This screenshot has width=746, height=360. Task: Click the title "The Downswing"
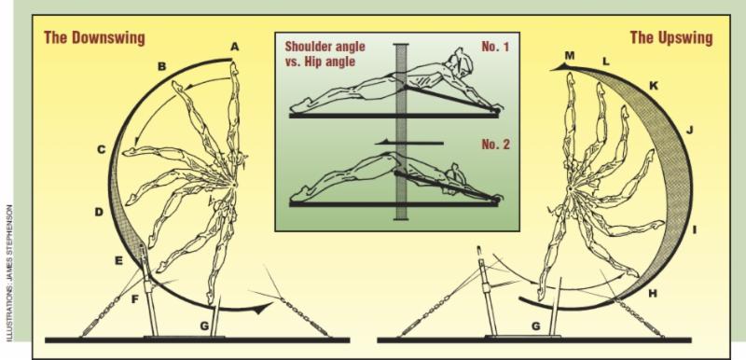[x=94, y=37]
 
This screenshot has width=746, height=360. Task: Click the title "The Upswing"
[x=671, y=37]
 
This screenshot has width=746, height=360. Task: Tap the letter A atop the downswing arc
[x=235, y=46]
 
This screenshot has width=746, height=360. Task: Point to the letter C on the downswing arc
[x=101, y=150]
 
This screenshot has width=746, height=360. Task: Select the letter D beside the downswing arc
[x=99, y=212]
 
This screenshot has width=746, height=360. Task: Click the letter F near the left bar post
[x=134, y=299]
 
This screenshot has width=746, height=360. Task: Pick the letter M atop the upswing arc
[x=570, y=56]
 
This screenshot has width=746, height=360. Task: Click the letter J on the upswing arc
[x=689, y=130]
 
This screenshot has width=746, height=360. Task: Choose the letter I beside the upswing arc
[x=694, y=230]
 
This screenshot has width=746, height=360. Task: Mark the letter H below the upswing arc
[x=653, y=294]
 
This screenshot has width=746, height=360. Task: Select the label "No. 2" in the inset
[x=495, y=145]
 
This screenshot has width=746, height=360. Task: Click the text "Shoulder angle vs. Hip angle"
[x=325, y=54]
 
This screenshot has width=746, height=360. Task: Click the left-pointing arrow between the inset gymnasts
[x=409, y=142]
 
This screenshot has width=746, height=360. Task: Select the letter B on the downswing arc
[x=161, y=66]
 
